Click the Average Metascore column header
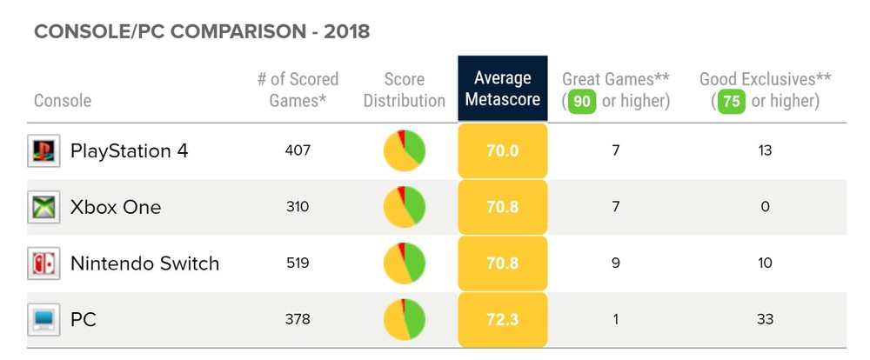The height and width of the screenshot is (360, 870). tap(503, 89)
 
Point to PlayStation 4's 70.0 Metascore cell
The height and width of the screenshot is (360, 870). tap(503, 151)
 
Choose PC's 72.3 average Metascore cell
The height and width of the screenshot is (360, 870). tap(503, 319)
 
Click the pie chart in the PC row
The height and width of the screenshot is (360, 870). tap(405, 319)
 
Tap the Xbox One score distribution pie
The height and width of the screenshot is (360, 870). tap(405, 207)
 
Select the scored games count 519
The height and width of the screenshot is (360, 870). tap(298, 263)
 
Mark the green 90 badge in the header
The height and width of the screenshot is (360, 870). tap(582, 101)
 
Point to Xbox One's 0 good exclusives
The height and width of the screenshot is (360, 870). tap(765, 207)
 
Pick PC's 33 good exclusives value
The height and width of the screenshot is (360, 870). tap(765, 319)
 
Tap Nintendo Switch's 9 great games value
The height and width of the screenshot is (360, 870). tap(615, 263)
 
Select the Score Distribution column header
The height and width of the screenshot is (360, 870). tap(405, 89)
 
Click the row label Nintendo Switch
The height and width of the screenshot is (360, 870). tap(144, 263)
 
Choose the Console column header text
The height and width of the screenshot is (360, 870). tap(63, 101)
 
